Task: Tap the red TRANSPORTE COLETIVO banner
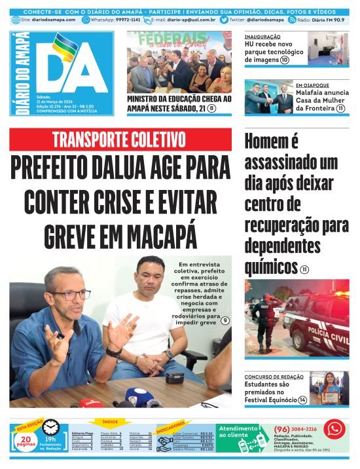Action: [x=120, y=140]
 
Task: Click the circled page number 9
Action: [x=225, y=320]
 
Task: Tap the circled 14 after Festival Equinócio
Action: [x=302, y=400]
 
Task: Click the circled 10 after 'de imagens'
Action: [x=285, y=60]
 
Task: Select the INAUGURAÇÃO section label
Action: [x=262, y=37]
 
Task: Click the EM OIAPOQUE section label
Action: [x=315, y=85]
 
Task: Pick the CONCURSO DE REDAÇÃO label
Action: [x=274, y=377]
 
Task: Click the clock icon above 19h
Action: [x=50, y=427]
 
